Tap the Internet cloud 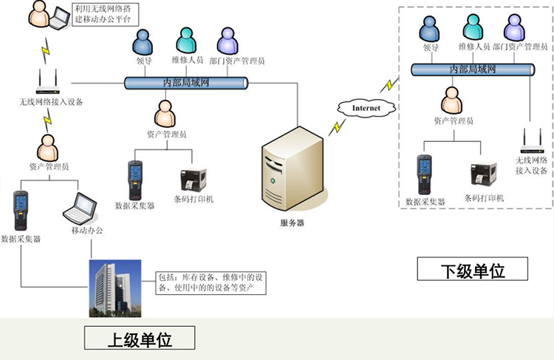(x=366, y=108)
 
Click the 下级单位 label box (x=472, y=269)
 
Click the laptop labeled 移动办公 (x=81, y=208)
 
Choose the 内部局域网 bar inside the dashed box (x=473, y=70)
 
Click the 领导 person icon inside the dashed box (x=429, y=29)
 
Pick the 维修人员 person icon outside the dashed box (x=186, y=41)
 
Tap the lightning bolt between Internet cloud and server (x=337, y=127)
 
